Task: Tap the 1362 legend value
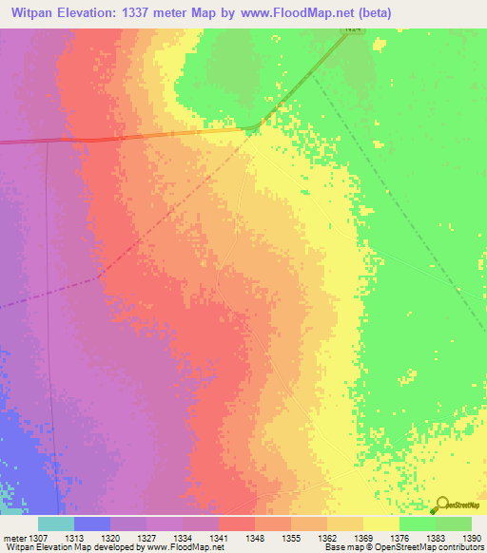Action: [x=328, y=537]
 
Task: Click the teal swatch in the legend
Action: [x=55, y=524]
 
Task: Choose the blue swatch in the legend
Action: [x=91, y=524]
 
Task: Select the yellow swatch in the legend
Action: [x=380, y=524]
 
